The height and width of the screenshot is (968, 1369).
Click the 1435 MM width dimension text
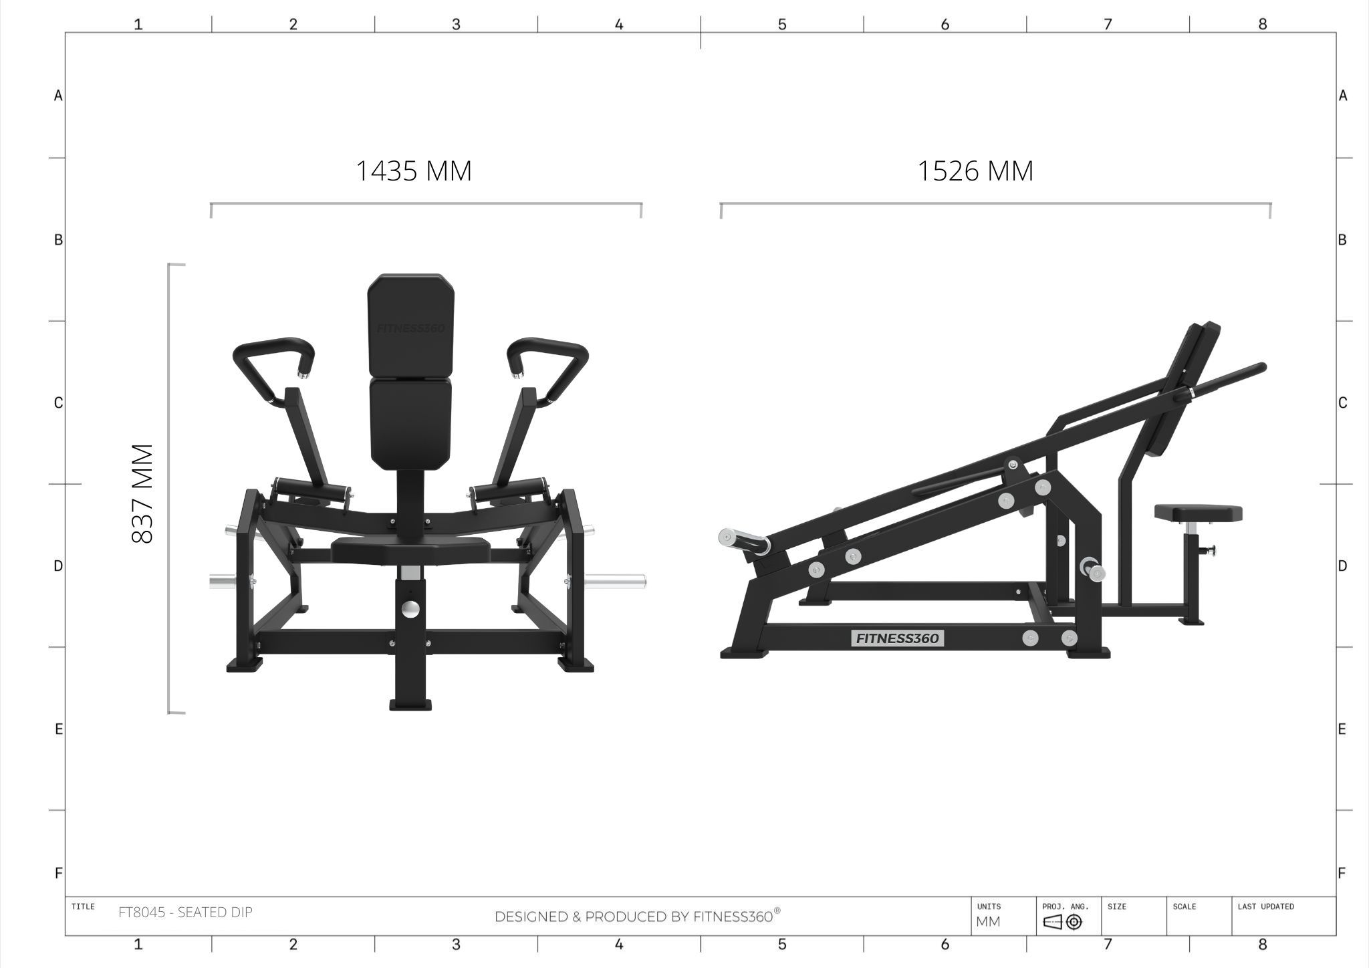[414, 171]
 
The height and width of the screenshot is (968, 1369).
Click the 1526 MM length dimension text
[975, 171]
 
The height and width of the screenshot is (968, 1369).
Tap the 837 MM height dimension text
[143, 493]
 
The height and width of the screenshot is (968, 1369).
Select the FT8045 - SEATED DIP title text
[185, 912]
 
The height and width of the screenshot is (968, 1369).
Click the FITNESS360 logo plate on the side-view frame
[898, 638]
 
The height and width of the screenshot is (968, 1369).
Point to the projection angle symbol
[1062, 923]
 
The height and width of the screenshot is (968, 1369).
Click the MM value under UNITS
[989, 922]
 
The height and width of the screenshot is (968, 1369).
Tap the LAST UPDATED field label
[1265, 906]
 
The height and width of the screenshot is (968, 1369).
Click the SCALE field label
[1184, 906]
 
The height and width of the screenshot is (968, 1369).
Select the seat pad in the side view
[1198, 513]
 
